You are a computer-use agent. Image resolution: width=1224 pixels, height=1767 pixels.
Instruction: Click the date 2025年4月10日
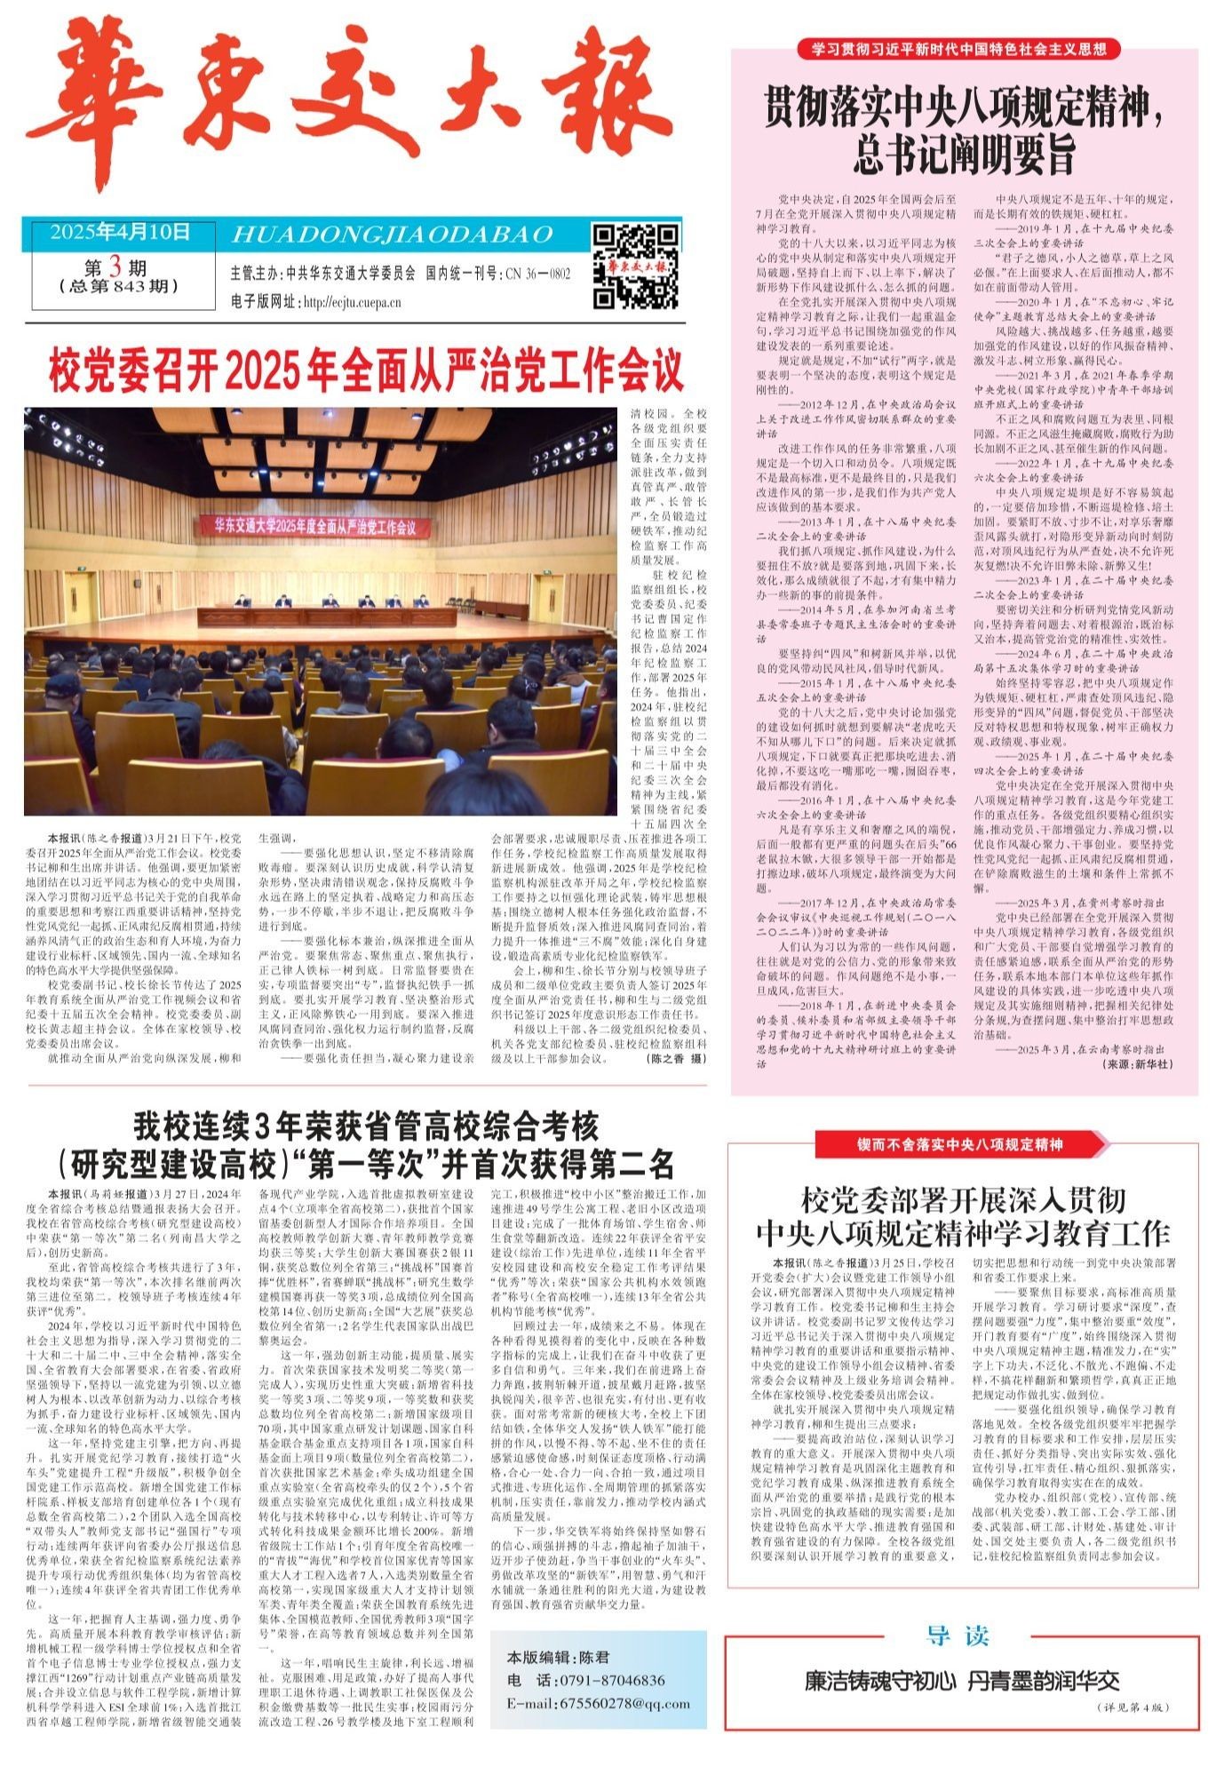coord(120,234)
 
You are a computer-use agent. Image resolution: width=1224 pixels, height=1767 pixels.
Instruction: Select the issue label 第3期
coord(115,267)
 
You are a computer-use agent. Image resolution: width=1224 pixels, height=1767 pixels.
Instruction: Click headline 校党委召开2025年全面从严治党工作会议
coord(366,371)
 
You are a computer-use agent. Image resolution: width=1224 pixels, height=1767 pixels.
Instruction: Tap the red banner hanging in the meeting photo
coord(314,526)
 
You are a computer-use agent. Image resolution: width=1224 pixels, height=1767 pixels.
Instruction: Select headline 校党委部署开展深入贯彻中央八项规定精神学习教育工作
coord(963,1216)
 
